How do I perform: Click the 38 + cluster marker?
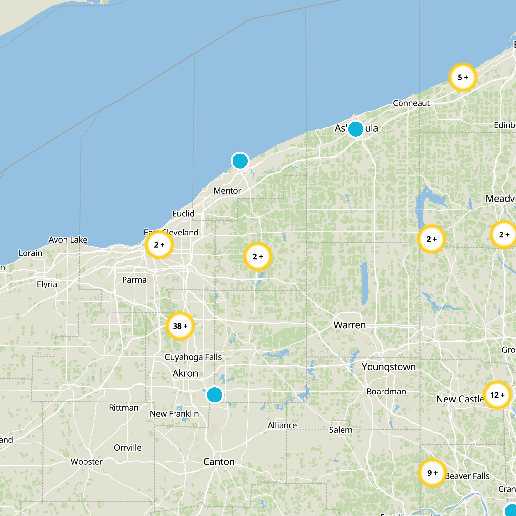point(180,326)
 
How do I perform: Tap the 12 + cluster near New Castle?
point(497,395)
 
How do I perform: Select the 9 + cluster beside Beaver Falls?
point(432,473)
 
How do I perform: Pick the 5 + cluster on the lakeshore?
point(463,77)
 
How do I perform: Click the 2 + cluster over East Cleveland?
point(159,245)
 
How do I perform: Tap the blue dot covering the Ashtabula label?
point(356,129)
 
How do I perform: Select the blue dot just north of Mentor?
point(240,161)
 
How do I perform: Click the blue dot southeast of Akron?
point(214,394)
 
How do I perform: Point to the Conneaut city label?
point(411,103)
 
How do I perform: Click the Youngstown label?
point(389,367)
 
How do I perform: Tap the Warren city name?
point(350,325)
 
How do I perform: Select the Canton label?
point(219,462)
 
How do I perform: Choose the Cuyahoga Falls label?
point(193,357)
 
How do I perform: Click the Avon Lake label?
point(68,240)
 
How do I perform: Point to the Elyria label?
point(47,284)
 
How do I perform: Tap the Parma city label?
point(134,280)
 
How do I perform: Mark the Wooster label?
point(86,462)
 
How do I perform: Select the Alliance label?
point(282,425)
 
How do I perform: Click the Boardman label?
point(386,392)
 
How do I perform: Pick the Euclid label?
point(183,214)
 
